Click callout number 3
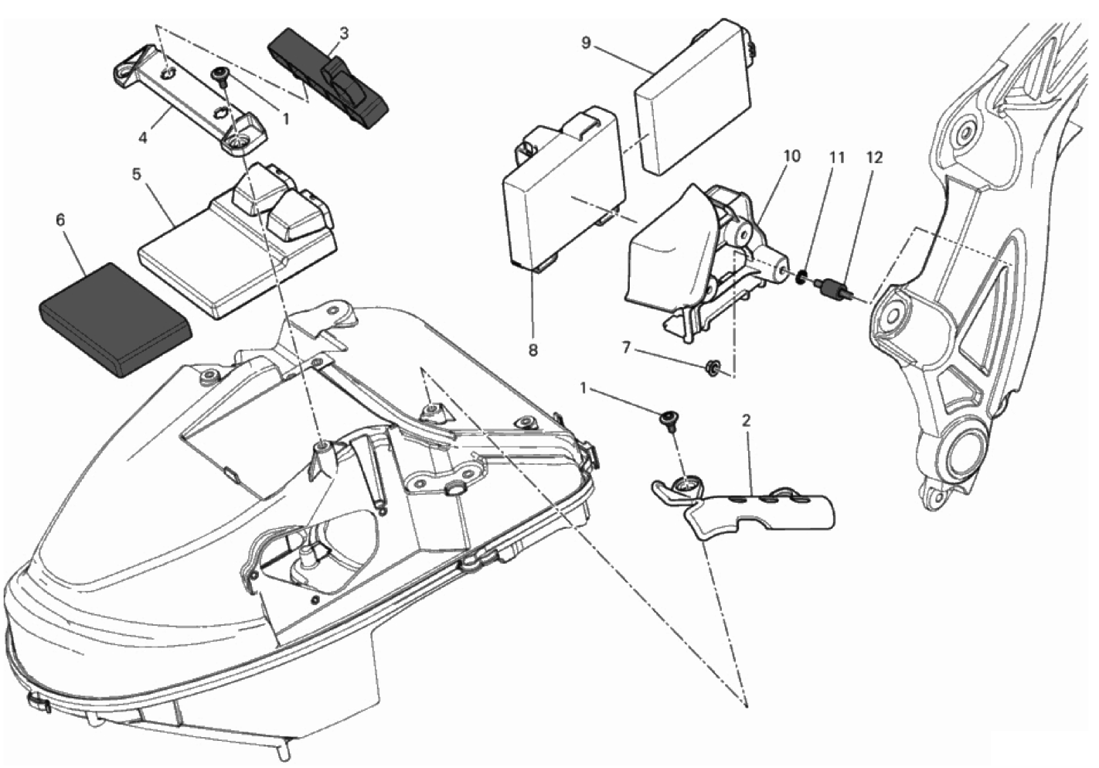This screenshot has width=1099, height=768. click(344, 33)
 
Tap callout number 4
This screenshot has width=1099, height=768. click(143, 138)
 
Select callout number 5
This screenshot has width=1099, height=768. click(136, 174)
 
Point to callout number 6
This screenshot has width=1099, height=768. click(60, 220)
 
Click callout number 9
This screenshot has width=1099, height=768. click(586, 43)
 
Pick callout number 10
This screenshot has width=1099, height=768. click(791, 155)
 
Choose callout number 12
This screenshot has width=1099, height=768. click(874, 157)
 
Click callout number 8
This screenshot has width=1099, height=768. click(532, 350)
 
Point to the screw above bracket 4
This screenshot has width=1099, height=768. click(219, 75)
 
